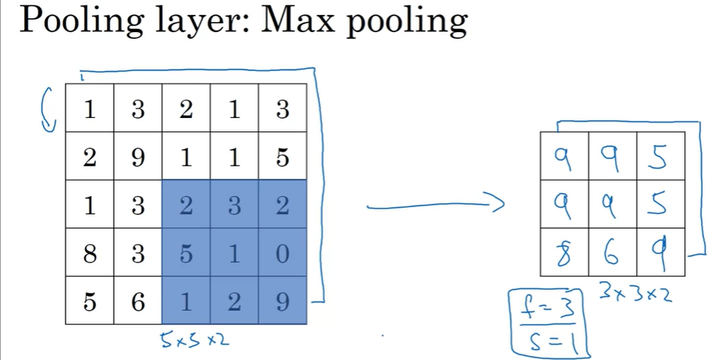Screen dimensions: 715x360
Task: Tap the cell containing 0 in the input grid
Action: click(x=283, y=255)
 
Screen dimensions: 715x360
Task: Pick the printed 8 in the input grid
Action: click(x=89, y=255)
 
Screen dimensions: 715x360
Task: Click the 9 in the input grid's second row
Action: click(x=137, y=158)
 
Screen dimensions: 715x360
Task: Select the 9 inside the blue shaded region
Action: click(x=283, y=301)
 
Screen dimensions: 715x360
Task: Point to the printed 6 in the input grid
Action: click(x=137, y=301)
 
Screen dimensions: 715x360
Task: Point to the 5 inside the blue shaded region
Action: click(x=186, y=255)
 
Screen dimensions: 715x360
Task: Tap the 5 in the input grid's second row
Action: click(x=283, y=158)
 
